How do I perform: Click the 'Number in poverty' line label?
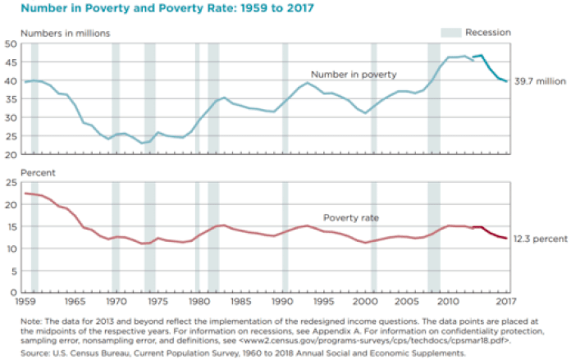click(x=354, y=74)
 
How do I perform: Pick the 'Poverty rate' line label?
click(x=361, y=218)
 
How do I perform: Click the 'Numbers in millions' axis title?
click(x=66, y=33)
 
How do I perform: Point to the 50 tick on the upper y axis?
click(x=13, y=43)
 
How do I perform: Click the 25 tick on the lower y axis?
click(x=13, y=184)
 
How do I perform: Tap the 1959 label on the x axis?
click(x=28, y=302)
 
